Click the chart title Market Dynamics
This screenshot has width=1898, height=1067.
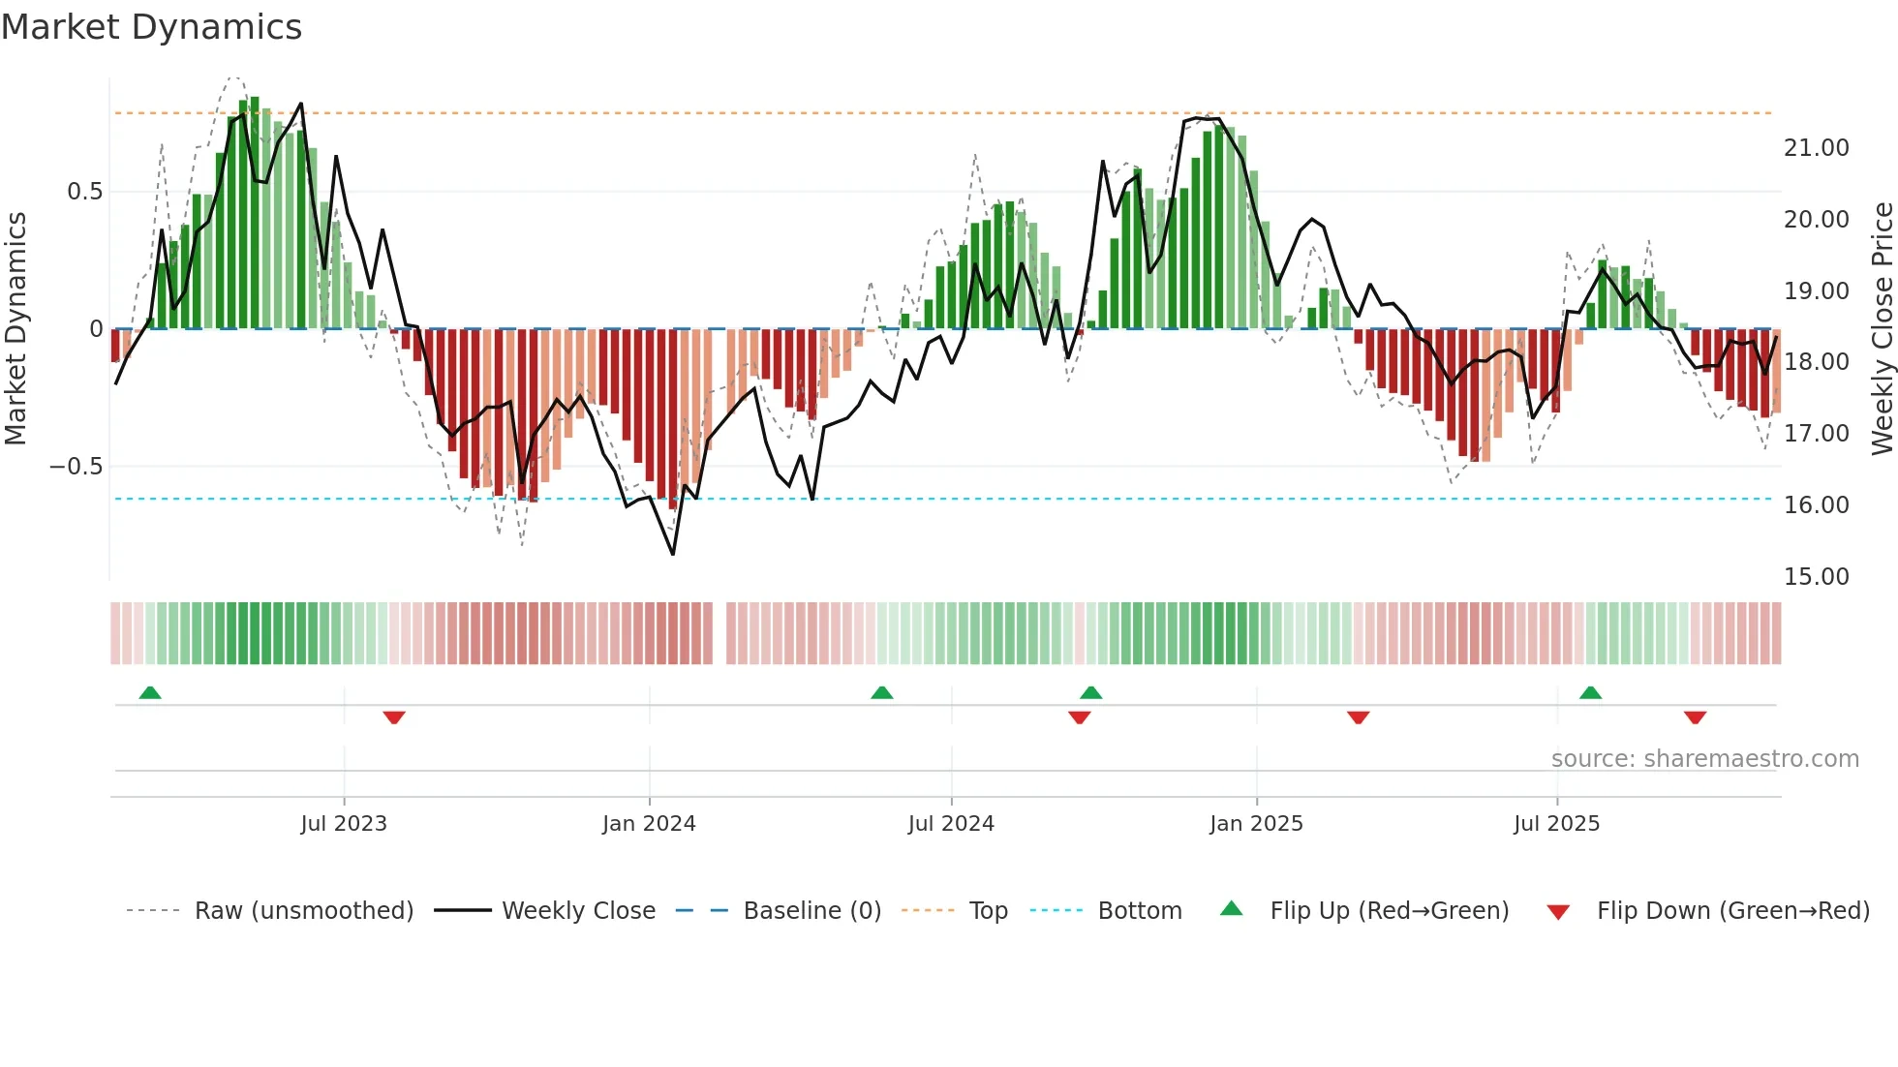pyautogui.click(x=151, y=27)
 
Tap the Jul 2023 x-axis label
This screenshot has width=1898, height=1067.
pyautogui.click(x=344, y=824)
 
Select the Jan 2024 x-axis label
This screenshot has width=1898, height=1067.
pyautogui.click(x=649, y=824)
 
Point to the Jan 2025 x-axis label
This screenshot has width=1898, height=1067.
pyautogui.click(x=1256, y=824)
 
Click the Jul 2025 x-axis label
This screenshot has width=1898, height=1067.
pyautogui.click(x=1556, y=824)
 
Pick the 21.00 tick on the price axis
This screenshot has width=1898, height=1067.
pyautogui.click(x=1816, y=148)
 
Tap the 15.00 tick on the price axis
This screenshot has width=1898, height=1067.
pyautogui.click(x=1816, y=577)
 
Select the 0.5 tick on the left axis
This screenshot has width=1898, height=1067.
pyautogui.click(x=84, y=192)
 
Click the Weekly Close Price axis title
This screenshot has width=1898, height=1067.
pyautogui.click(x=1882, y=329)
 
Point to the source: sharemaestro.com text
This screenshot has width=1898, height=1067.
pyautogui.click(x=1704, y=759)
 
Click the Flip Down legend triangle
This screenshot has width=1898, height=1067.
pyautogui.click(x=1558, y=912)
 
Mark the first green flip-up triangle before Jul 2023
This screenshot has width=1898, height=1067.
pyautogui.click(x=150, y=692)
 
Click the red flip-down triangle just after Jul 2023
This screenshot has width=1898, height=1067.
pyautogui.click(x=394, y=717)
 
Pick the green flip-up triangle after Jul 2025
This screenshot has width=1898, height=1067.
pyautogui.click(x=1590, y=692)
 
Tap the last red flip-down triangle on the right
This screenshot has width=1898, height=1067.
pyautogui.click(x=1695, y=717)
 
